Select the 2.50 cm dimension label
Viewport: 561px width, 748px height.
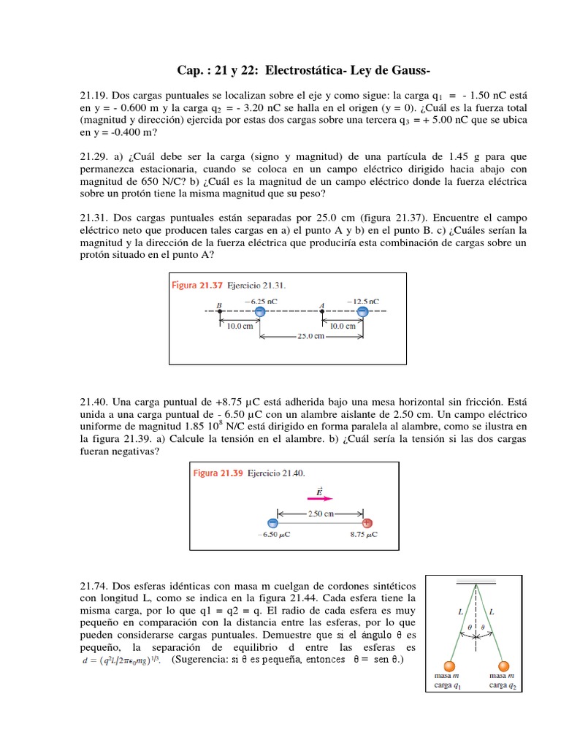tap(319, 514)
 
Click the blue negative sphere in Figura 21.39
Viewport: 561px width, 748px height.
tap(272, 523)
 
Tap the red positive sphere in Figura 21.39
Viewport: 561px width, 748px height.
tap(367, 523)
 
